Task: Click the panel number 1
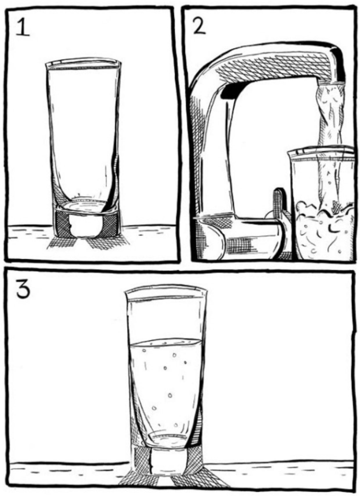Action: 23,27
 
